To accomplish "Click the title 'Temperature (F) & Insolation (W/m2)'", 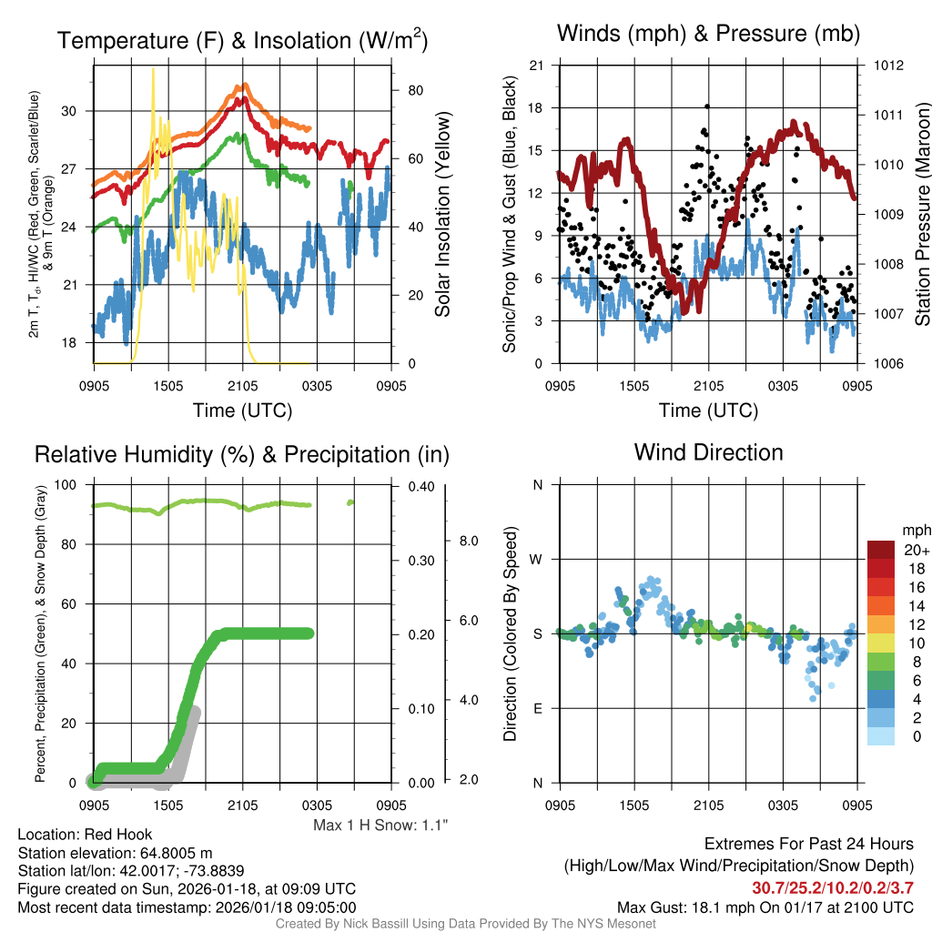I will [242, 40].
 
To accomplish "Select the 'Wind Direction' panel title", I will [708, 451].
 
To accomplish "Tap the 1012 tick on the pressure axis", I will [889, 66].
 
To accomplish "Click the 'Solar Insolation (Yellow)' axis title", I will [443, 215].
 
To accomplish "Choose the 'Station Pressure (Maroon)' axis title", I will [921, 215].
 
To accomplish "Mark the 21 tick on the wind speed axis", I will [536, 66].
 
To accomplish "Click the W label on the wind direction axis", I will [537, 559].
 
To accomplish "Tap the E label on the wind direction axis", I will [537, 708].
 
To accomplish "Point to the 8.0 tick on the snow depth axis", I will [464, 541].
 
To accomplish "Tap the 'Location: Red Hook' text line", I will [85, 834].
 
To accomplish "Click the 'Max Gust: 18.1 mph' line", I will [765, 907].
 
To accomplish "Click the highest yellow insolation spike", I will [153, 69].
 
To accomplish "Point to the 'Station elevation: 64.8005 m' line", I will [115, 853].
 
